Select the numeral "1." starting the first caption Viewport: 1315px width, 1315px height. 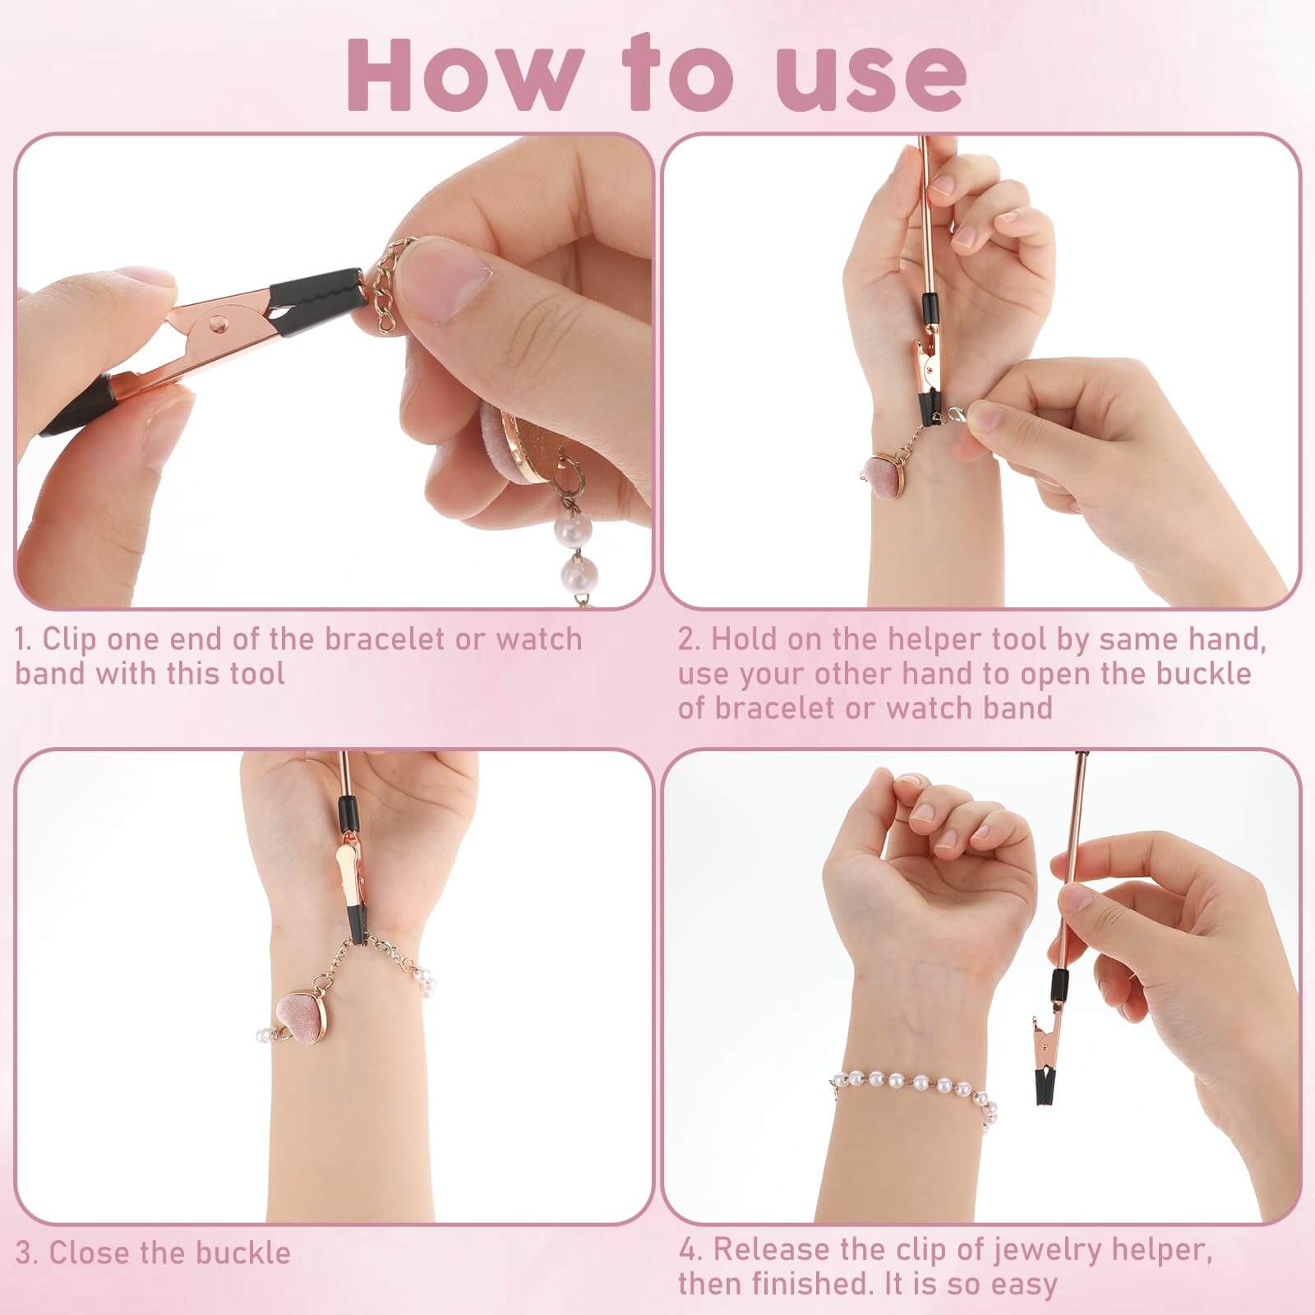point(25,639)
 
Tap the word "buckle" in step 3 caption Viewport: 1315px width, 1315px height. point(243,1253)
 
